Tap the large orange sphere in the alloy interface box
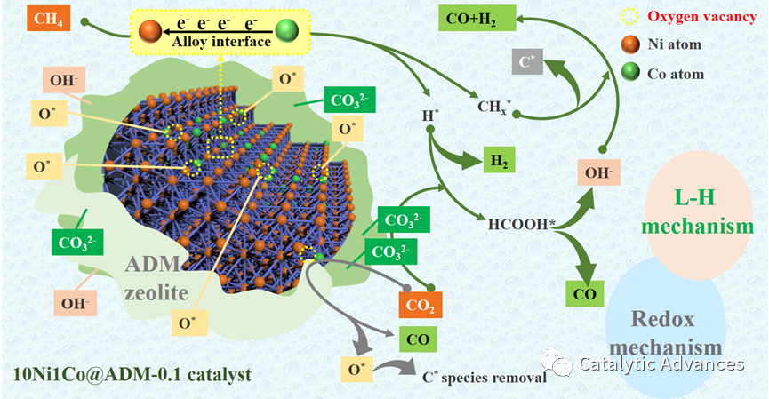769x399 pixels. (151, 32)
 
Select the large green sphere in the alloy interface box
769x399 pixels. (286, 32)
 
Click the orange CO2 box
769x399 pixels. (420, 306)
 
